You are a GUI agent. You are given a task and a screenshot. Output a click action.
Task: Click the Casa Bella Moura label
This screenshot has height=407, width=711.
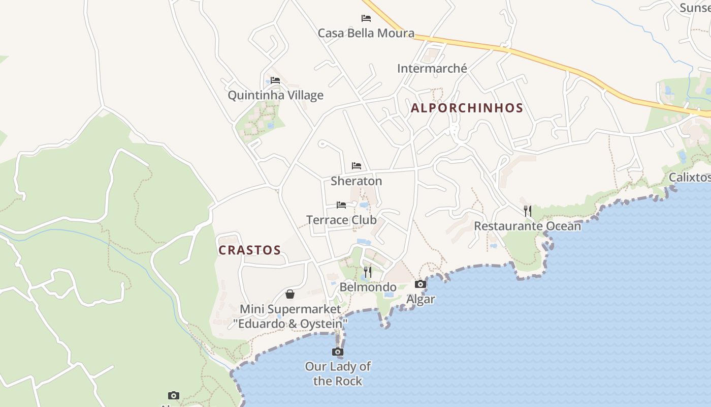click(366, 33)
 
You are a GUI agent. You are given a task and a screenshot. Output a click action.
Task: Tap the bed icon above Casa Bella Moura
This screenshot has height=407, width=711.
click(366, 18)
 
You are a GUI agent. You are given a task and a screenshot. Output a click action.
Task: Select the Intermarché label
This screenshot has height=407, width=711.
click(432, 68)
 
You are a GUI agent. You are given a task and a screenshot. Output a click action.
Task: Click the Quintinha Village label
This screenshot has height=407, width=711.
click(275, 95)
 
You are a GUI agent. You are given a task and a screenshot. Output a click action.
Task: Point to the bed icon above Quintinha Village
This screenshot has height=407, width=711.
click(275, 80)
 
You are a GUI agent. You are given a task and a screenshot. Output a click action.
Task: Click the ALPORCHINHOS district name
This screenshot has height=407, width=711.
click(467, 108)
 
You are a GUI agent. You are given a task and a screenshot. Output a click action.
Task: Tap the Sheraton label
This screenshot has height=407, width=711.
click(356, 181)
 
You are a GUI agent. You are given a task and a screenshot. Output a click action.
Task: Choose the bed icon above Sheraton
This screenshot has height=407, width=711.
click(357, 166)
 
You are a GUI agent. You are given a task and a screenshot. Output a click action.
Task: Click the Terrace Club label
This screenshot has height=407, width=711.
click(341, 220)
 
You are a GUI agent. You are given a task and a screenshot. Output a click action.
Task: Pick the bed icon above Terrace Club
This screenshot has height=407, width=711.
click(341, 205)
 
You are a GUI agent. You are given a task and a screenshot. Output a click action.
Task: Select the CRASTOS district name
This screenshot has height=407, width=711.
click(249, 250)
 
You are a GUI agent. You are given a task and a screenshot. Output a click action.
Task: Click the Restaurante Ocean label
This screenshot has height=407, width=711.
click(527, 226)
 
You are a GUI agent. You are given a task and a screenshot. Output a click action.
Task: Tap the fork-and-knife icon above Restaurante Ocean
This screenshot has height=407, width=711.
click(528, 211)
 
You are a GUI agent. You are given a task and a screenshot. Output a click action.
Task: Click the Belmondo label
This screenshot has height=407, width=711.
click(368, 287)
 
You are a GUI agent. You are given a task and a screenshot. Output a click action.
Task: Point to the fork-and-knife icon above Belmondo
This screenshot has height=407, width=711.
click(368, 272)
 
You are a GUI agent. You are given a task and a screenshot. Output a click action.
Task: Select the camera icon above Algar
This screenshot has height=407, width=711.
click(421, 284)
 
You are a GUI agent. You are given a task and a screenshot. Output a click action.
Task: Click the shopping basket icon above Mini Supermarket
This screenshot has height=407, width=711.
click(290, 294)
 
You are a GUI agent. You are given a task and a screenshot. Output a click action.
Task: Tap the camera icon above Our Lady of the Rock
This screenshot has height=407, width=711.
click(338, 352)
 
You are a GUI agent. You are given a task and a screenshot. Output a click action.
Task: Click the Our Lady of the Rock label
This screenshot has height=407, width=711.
click(338, 373)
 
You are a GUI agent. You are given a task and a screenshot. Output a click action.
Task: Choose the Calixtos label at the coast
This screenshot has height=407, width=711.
click(689, 177)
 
